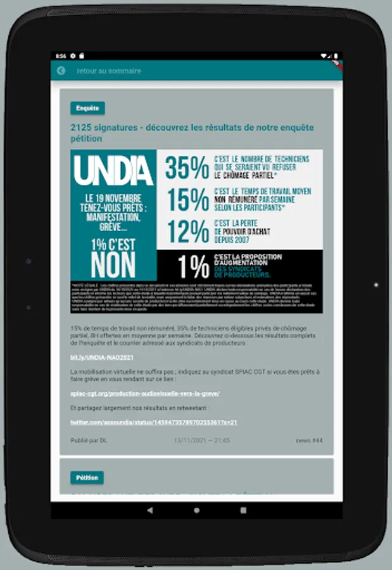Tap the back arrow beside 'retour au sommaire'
[61, 71]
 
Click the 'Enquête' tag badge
[87, 108]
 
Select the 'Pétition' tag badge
[87, 478]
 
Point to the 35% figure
[187, 168]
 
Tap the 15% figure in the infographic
[187, 200]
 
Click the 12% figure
[187, 232]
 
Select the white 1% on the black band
[193, 267]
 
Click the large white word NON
[113, 264]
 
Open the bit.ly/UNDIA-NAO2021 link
[94, 358]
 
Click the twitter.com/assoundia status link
[153, 422]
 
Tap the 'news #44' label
[309, 440]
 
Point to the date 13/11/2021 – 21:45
[201, 440]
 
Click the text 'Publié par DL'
[88, 440]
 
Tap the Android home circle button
[196, 510]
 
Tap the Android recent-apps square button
[243, 510]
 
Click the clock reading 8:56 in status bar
[61, 56]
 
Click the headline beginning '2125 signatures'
[192, 132]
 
